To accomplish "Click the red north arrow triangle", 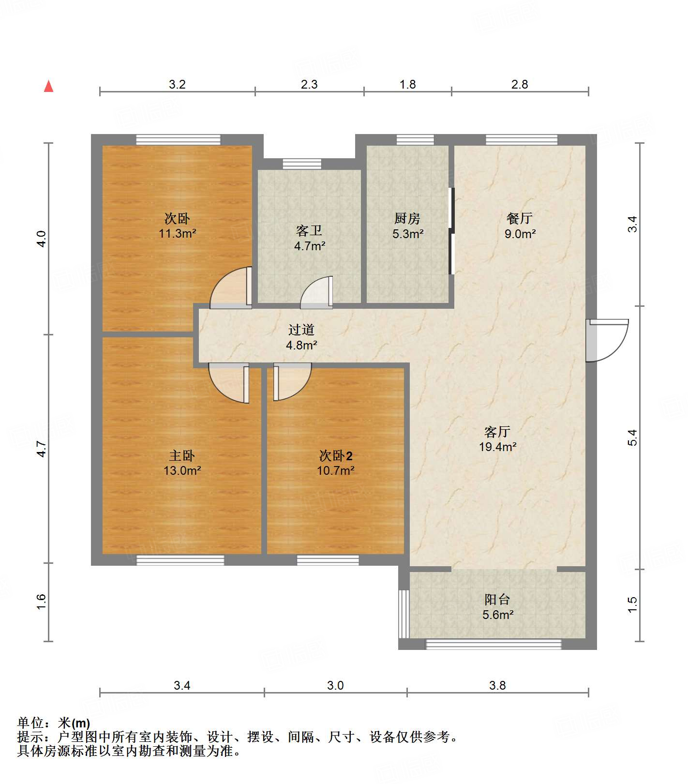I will [x=48, y=86].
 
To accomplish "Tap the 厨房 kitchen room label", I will [x=407, y=219].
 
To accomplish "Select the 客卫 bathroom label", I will [x=309, y=230].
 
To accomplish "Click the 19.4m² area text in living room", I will [x=497, y=447].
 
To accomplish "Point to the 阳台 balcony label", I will [x=497, y=600].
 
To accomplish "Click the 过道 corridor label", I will [x=301, y=330].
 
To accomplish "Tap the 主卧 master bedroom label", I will [x=182, y=455].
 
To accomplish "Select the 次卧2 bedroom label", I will [x=336, y=455].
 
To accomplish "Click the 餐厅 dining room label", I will [x=520, y=218].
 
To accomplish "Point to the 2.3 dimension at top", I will [x=309, y=84].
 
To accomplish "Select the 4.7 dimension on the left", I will [x=42, y=448].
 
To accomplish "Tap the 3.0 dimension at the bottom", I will [x=335, y=685].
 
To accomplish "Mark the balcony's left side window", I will [x=404, y=613].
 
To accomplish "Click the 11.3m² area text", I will [x=178, y=234].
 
